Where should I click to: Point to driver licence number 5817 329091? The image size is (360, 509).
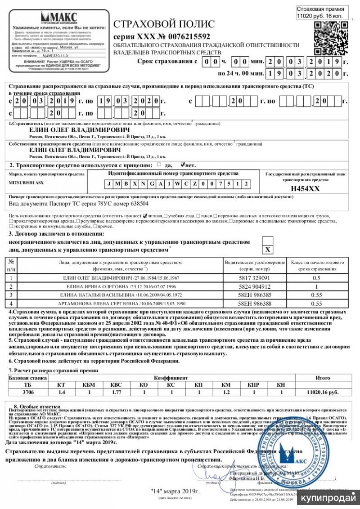[255, 278]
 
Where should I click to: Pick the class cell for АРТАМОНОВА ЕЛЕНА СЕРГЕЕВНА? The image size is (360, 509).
[317, 304]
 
